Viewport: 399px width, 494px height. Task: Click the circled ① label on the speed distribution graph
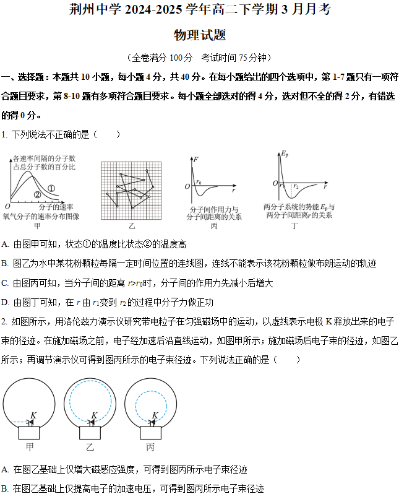(x=51, y=188)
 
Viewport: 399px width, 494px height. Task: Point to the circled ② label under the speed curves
(x=36, y=194)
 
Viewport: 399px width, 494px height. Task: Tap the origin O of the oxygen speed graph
(x=7, y=206)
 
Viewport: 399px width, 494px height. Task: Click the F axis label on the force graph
(x=195, y=160)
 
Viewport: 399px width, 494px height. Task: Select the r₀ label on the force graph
(x=199, y=182)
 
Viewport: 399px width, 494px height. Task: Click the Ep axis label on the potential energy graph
(x=285, y=153)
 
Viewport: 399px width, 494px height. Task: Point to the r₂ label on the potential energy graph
(x=296, y=186)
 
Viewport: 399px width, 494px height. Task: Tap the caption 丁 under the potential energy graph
(x=299, y=226)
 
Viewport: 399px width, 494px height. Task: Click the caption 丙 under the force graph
(x=214, y=226)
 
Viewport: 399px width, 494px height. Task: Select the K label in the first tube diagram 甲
(x=33, y=415)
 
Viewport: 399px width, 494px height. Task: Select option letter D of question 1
(x=5, y=302)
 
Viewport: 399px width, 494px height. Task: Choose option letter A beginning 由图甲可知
(x=5, y=244)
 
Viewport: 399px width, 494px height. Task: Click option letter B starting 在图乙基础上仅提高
(x=5, y=488)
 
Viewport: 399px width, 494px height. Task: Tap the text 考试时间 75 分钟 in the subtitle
(x=236, y=58)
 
